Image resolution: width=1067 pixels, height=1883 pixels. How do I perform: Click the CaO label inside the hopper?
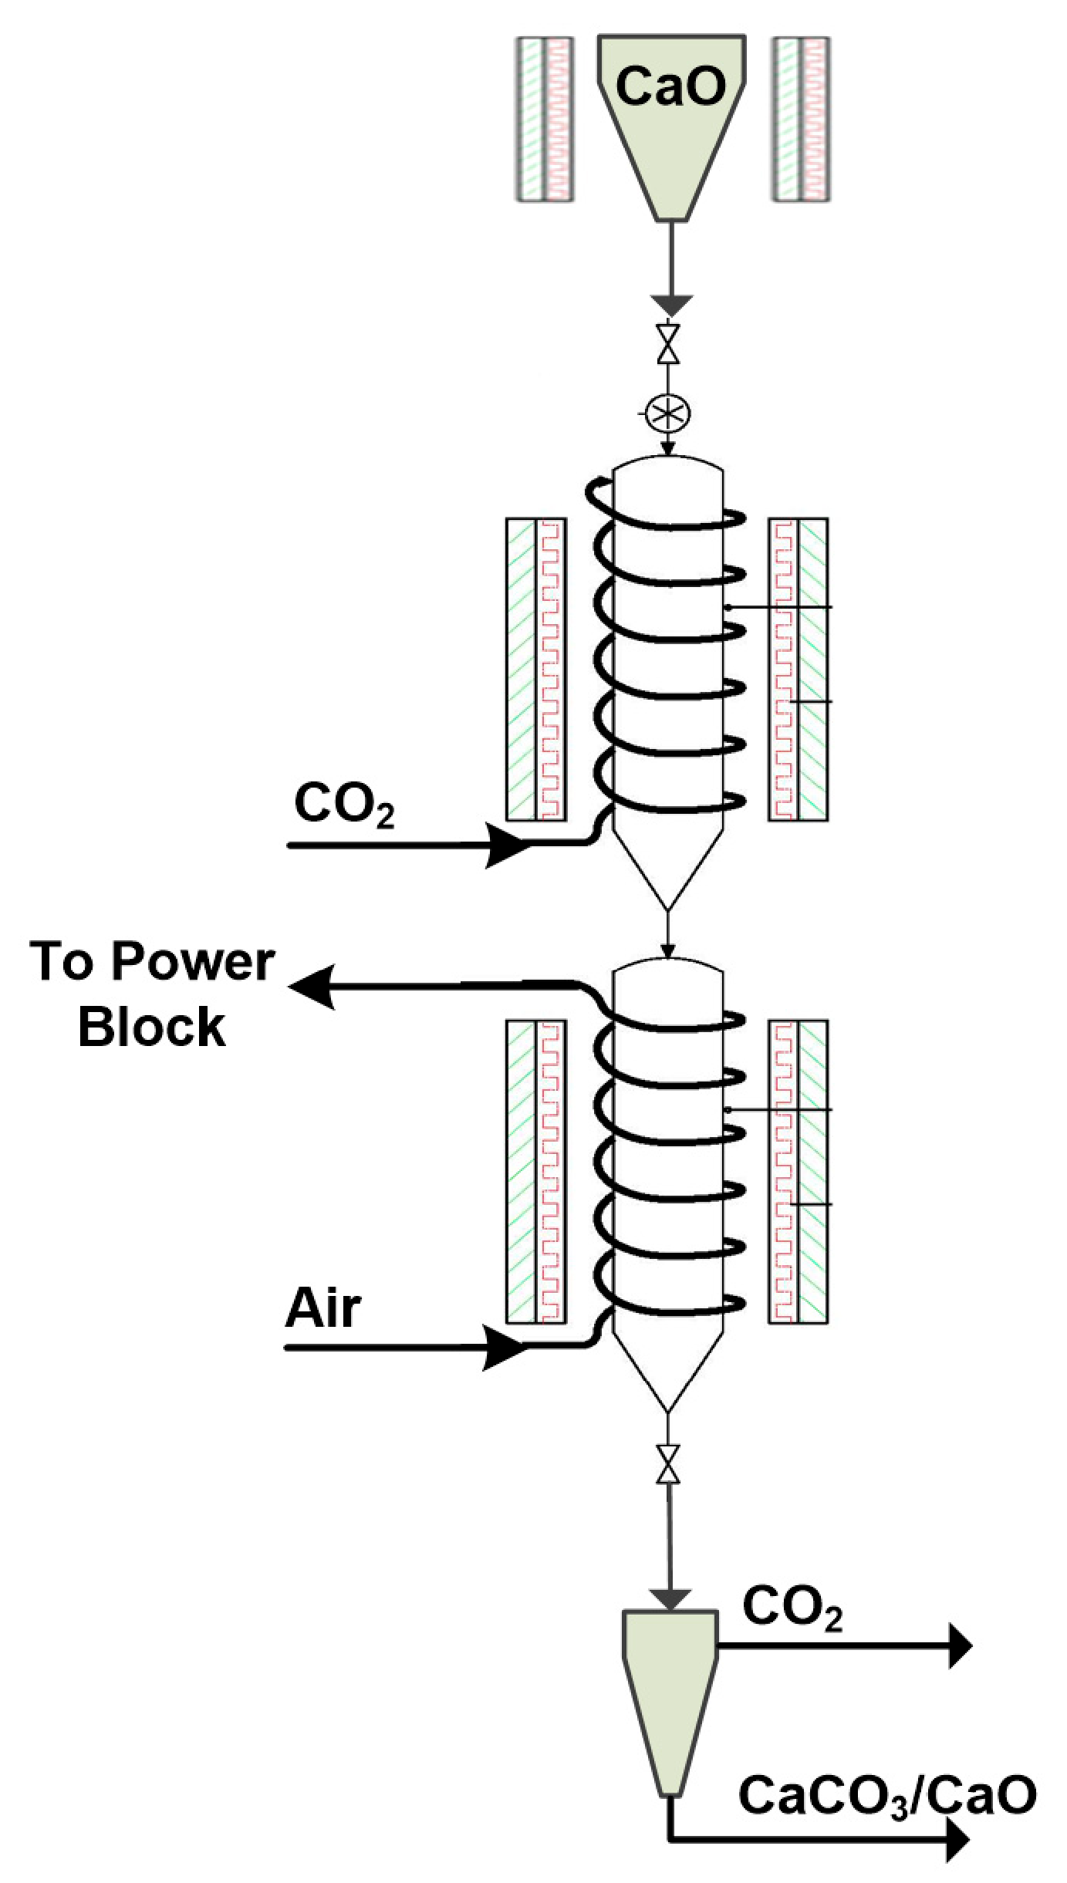coord(670,86)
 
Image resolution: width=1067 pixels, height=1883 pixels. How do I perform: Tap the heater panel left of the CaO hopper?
coord(545,120)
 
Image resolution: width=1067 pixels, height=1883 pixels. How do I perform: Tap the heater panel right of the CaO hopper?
coord(802,120)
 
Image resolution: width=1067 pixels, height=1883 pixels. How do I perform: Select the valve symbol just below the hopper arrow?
coord(668,344)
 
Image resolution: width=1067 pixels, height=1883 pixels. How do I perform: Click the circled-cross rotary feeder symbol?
coord(668,414)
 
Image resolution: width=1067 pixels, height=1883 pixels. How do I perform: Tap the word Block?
coord(152,1028)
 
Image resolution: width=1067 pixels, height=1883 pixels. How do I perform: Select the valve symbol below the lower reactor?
coord(668,1463)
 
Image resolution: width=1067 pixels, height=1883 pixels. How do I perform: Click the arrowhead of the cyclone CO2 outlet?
coord(960,1645)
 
